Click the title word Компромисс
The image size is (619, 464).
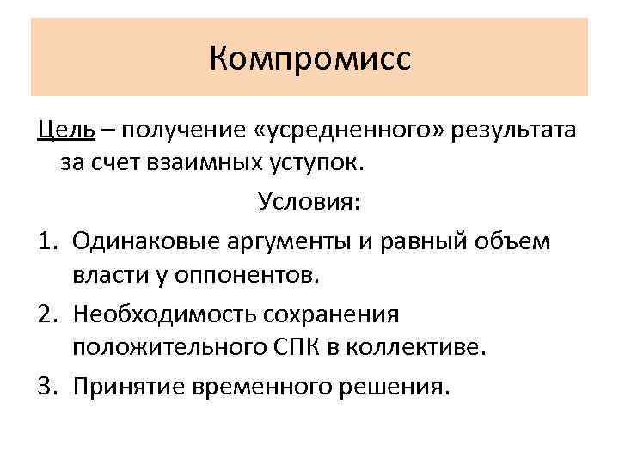[x=309, y=58]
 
